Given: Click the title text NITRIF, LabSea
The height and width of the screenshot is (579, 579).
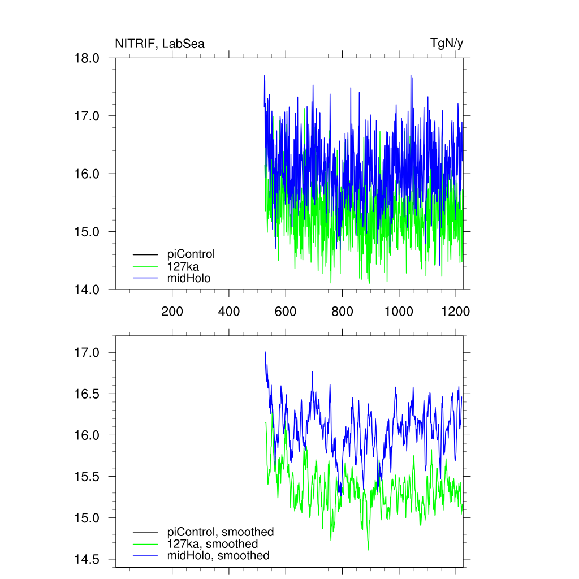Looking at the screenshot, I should (x=159, y=44).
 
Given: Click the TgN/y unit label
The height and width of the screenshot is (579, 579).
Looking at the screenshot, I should (x=447, y=43).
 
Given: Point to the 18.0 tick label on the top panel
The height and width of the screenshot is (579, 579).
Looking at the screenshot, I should (x=87, y=58).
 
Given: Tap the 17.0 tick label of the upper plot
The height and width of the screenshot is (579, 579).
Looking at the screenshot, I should (x=87, y=116).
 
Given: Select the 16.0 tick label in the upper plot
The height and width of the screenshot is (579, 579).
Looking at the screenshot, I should (x=87, y=174).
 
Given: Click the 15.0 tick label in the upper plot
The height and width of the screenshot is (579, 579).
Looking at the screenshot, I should (x=87, y=232).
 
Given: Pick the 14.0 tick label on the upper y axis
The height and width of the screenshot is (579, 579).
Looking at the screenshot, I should (x=87, y=289).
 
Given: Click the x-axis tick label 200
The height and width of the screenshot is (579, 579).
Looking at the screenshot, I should (x=172, y=311).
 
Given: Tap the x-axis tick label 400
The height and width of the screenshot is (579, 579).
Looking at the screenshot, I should (x=228, y=311).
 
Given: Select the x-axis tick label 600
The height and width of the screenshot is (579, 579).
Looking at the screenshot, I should (x=286, y=311).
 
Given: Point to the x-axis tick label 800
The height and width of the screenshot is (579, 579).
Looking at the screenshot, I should (x=342, y=311).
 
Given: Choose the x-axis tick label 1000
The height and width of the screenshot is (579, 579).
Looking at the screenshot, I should (x=399, y=311).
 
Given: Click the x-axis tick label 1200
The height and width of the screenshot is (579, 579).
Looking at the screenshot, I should (x=456, y=311).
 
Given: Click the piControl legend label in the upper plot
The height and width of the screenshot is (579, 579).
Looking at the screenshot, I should (x=191, y=254).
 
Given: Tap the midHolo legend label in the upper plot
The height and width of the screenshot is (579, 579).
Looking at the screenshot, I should (x=189, y=278).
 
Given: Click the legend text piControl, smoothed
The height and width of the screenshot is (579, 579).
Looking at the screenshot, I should (x=221, y=532).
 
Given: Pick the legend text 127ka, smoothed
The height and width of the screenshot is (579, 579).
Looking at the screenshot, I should (x=213, y=543).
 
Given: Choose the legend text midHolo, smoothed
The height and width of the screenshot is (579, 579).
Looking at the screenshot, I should (x=218, y=555).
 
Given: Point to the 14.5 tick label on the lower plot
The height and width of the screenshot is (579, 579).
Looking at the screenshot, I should (x=87, y=559).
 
